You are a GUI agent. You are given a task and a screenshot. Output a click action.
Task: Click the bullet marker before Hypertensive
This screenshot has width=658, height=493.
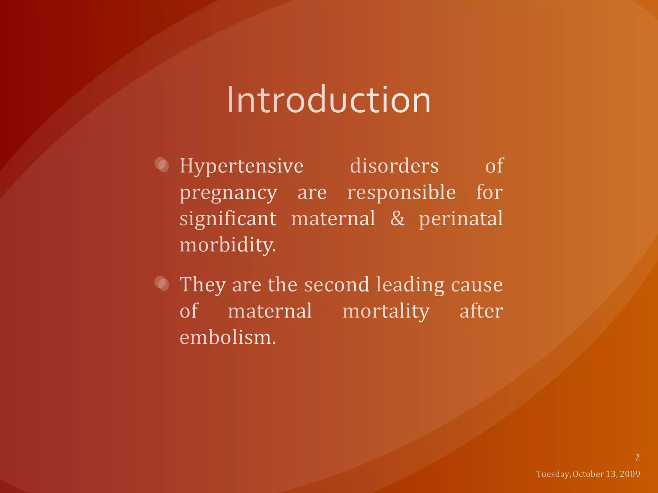coord(162,165)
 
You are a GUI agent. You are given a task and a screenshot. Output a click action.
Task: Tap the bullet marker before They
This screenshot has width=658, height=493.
coord(162,283)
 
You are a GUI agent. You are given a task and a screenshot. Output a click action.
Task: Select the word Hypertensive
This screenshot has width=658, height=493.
coord(241,166)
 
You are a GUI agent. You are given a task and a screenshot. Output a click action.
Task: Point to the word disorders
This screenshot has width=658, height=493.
coord(394,166)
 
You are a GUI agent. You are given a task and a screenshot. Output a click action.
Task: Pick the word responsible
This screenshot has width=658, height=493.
coord(401,193)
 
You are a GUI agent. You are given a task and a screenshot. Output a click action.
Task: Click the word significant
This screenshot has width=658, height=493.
coord(228,219)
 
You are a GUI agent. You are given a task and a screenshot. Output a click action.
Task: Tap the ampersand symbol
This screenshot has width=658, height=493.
coord(397,219)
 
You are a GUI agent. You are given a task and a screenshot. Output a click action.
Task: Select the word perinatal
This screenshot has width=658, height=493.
coord(460,219)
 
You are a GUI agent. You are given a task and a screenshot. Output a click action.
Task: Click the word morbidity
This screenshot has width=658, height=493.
coord(227,246)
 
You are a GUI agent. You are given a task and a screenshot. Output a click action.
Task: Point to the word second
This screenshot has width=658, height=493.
coord(336,285)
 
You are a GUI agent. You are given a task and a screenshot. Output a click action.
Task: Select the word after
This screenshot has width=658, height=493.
coord(481,311)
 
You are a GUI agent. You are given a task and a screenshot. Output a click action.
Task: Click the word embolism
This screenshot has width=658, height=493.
coord(227,338)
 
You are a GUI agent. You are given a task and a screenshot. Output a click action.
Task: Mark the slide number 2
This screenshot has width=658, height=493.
coord(637,457)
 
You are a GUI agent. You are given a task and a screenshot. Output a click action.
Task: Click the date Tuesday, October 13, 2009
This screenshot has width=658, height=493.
coord(588,474)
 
